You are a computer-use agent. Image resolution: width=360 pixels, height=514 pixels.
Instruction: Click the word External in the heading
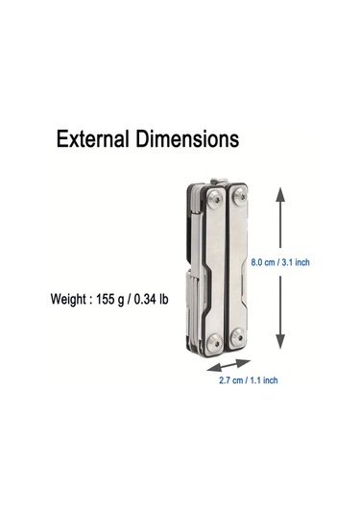(x=92, y=138)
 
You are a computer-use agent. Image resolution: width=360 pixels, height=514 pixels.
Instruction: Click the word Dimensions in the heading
(x=187, y=138)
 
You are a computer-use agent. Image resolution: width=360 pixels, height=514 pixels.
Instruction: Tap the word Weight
(x=67, y=300)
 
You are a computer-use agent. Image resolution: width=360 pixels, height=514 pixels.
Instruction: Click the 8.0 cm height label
(x=263, y=262)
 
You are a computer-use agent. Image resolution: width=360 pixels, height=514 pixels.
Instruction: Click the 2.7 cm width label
(x=231, y=380)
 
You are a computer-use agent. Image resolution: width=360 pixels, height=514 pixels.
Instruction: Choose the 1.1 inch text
(x=264, y=380)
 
